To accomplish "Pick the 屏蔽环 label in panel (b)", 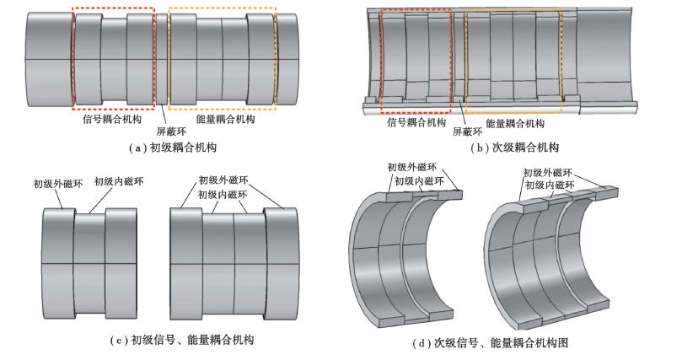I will tap(467, 132).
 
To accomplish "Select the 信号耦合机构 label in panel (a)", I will tap(110, 120).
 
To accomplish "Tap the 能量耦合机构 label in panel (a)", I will tap(225, 120).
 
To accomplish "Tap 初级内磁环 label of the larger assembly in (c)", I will tap(222, 194).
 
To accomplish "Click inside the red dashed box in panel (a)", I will tap(114, 58).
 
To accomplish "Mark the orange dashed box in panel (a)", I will tap(223, 58).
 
